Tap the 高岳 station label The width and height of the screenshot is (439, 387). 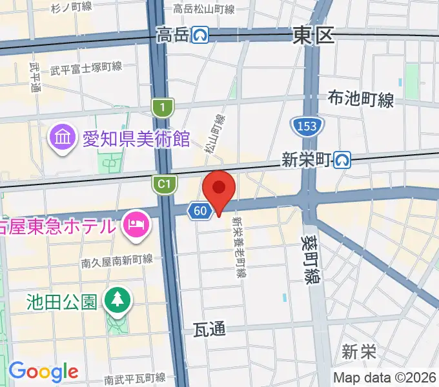click(x=173, y=35)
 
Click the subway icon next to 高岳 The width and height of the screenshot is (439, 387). click(x=201, y=35)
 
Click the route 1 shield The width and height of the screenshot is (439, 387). click(x=163, y=106)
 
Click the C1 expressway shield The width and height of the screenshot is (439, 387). click(x=164, y=184)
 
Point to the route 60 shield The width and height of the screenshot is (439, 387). click(x=200, y=210)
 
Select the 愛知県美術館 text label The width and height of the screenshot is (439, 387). click(x=136, y=138)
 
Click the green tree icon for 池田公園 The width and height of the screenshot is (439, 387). click(x=118, y=301)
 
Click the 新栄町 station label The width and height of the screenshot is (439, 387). click(x=307, y=159)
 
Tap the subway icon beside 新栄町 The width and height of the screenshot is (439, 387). click(x=343, y=159)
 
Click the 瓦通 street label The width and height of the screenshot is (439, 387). click(x=209, y=329)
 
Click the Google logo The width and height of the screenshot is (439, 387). click(x=43, y=372)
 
